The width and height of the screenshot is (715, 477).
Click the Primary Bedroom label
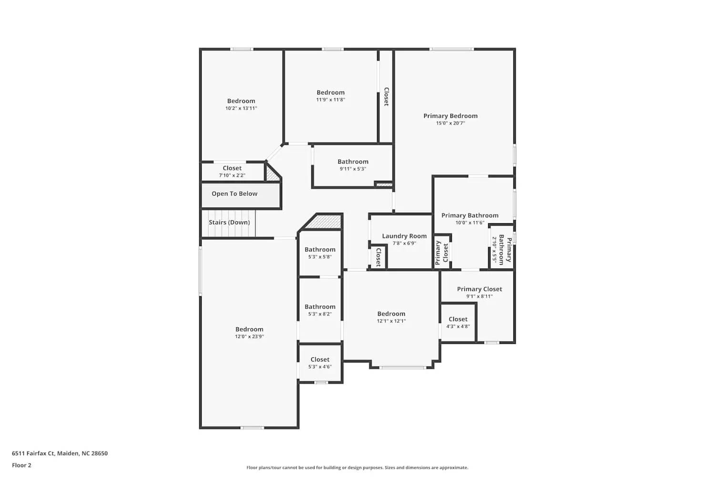tap(450, 116)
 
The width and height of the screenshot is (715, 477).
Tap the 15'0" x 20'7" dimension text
tap(450, 123)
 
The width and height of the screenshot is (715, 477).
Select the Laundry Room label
tap(404, 236)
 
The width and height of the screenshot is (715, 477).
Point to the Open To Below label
tap(235, 194)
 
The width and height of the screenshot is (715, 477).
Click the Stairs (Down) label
tap(229, 222)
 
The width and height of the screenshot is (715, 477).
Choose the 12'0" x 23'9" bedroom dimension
tap(249, 336)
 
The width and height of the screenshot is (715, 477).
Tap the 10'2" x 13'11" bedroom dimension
tap(241, 108)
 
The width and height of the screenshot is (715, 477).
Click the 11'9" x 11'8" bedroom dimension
tap(330, 100)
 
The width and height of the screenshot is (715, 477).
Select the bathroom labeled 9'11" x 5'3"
tap(353, 169)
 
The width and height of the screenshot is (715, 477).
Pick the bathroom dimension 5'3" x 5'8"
tap(320, 257)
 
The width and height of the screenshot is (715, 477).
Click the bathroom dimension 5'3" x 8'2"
tap(320, 314)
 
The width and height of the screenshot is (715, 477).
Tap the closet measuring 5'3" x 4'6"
tap(320, 367)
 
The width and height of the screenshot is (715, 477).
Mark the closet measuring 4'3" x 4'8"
tap(458, 326)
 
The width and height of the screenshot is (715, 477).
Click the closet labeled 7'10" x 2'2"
tap(232, 175)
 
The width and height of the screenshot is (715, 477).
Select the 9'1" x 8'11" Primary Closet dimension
tap(480, 296)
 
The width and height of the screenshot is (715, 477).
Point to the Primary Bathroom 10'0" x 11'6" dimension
tap(470, 223)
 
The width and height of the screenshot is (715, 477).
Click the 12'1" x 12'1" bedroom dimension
tap(391, 321)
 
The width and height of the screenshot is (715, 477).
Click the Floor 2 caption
tap(21, 465)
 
